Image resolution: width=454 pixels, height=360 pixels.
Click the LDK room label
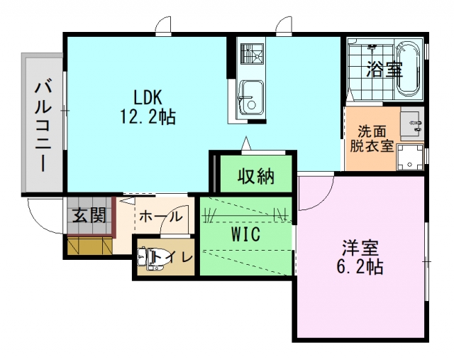click(x=147, y=97)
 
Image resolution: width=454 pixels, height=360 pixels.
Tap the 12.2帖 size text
click(x=148, y=117)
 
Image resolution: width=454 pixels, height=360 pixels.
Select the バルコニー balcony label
click(x=43, y=126)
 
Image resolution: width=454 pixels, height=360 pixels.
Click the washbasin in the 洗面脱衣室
click(x=411, y=124)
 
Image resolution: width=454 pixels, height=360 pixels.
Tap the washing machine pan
click(x=410, y=158)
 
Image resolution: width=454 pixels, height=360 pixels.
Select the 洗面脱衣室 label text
click(x=372, y=139)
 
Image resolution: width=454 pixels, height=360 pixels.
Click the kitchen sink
click(x=251, y=99)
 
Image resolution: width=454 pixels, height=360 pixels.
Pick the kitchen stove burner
click(x=252, y=54)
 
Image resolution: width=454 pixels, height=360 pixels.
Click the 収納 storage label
click(x=256, y=176)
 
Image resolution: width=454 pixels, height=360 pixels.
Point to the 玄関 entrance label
click(x=89, y=215)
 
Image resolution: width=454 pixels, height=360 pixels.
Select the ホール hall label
click(x=161, y=217)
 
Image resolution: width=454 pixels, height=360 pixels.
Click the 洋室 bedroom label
click(x=360, y=248)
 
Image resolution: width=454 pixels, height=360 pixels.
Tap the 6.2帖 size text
click(x=360, y=267)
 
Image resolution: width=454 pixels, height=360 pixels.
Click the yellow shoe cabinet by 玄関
click(x=90, y=246)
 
